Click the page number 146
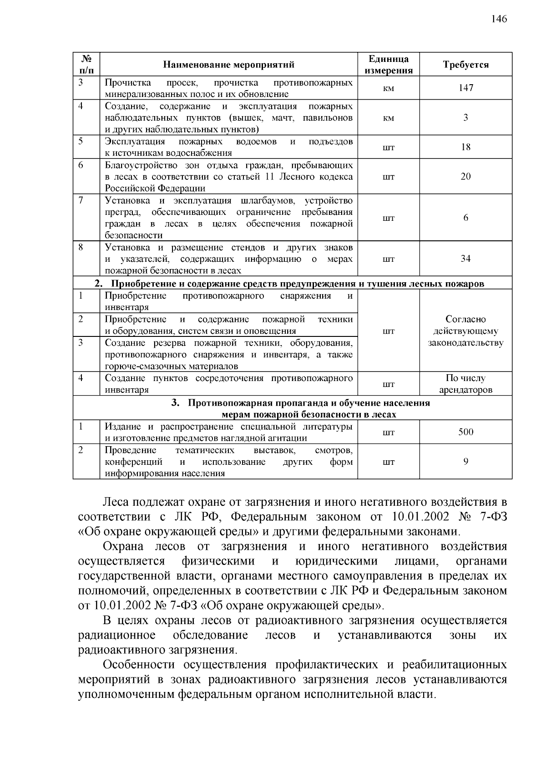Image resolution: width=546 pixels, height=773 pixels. coord(499,19)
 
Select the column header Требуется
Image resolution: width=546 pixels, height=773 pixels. coord(465,65)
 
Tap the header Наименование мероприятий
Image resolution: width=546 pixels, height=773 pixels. coord(228,65)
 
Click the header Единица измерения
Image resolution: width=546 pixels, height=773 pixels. coord(388,65)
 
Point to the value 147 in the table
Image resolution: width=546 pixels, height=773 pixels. coord(465,88)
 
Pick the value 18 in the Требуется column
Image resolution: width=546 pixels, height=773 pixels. coord(465,147)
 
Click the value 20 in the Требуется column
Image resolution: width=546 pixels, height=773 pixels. coord(465,176)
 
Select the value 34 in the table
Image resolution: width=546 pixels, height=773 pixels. coord(465,259)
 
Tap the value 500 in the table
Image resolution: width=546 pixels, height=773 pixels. coord(465,432)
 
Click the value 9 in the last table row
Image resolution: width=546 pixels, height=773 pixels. coord(465,462)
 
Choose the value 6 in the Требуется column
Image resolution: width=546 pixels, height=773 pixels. coord(465,218)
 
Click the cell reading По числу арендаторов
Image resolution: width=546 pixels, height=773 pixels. coord(465,384)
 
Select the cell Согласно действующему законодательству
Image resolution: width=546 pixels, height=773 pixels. coord(465,331)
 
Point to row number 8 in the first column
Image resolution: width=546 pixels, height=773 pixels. coord(81,247)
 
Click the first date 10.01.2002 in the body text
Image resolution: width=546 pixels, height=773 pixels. coord(420,517)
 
